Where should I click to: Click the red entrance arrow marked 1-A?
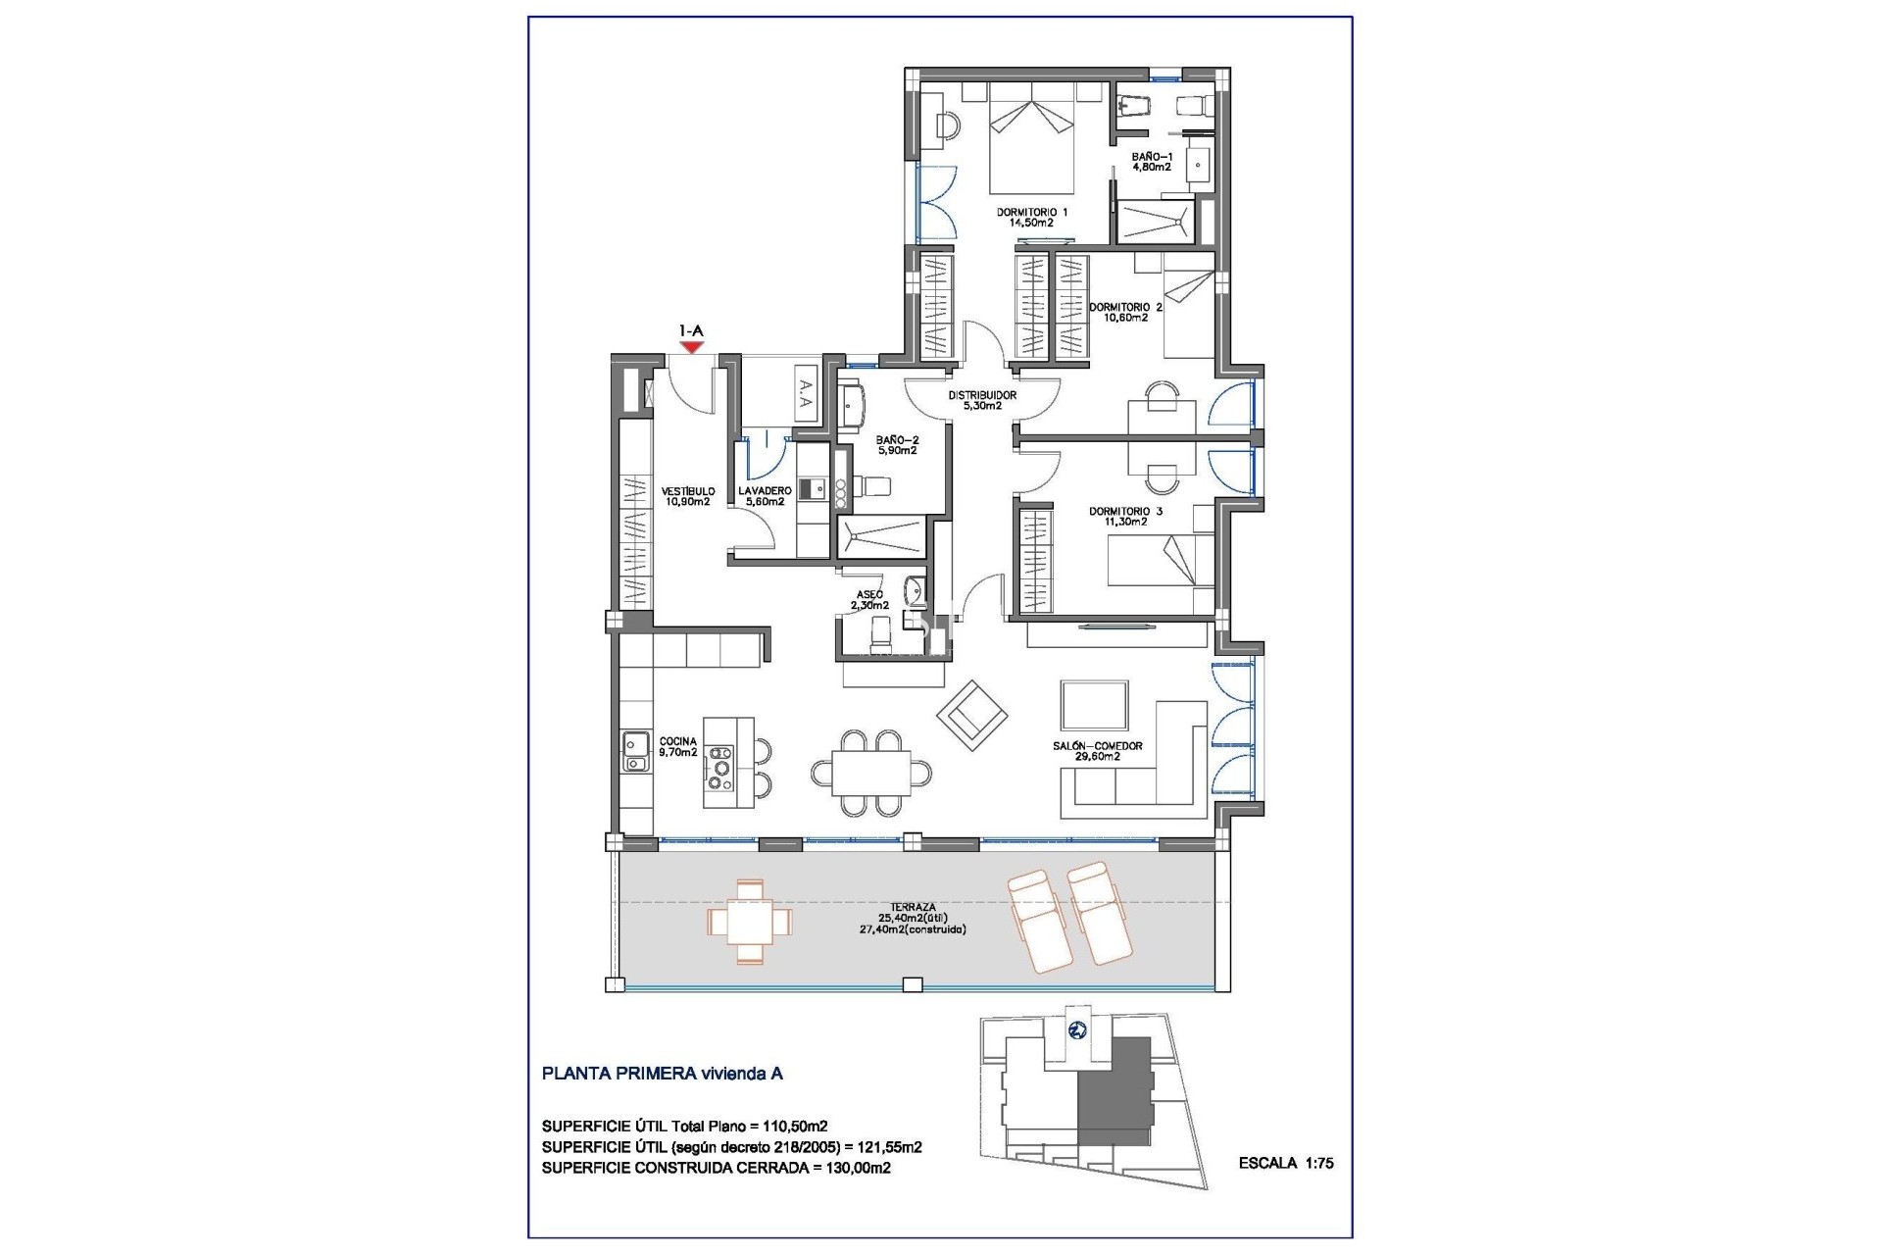[x=692, y=346]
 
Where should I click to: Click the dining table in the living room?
[x=870, y=774]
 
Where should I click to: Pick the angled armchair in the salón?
[x=971, y=716]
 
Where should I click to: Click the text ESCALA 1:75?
[x=1286, y=1164]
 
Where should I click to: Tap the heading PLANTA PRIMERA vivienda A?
[x=662, y=1074]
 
